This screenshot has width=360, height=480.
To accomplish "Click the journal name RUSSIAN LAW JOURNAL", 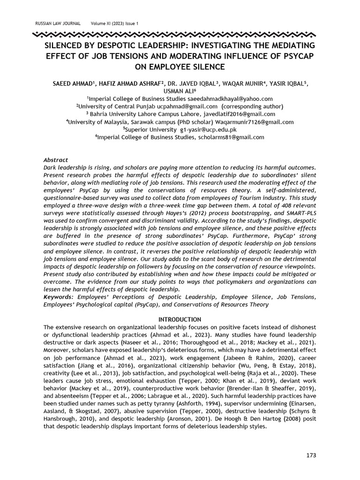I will coord(58,23).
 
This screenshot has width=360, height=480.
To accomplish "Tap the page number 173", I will coord(311,455).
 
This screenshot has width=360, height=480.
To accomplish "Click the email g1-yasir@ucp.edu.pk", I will coord(206,129).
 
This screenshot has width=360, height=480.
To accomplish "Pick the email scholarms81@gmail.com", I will coord(230,137).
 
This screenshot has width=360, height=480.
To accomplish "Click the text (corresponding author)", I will coord(251,106).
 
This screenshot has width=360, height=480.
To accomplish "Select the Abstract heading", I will coord(56,160).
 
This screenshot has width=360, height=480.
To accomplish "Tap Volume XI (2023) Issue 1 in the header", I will coord(115,23).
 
